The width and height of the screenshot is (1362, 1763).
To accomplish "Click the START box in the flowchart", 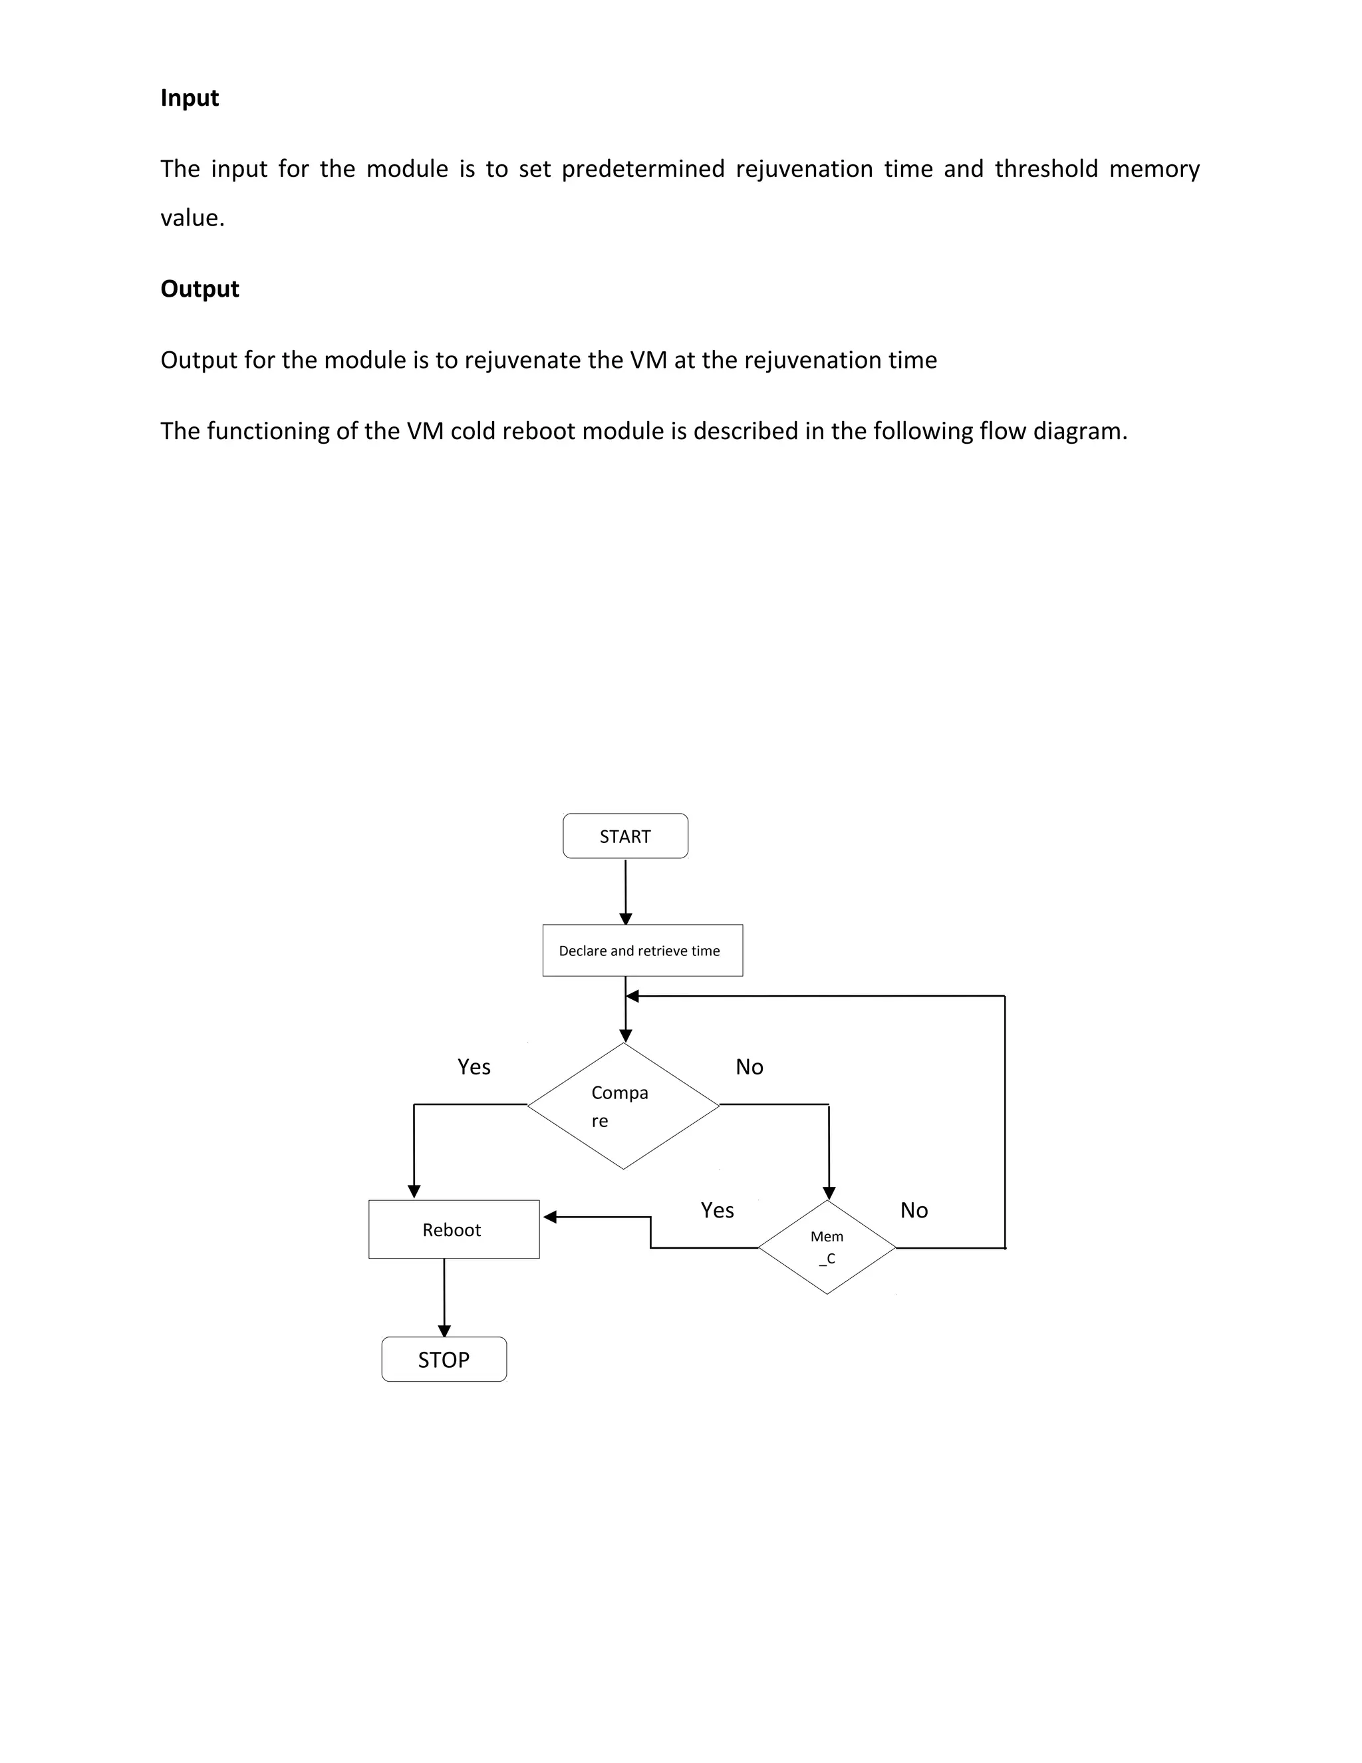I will tap(625, 836).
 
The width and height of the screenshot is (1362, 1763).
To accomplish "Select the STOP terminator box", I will tap(444, 1361).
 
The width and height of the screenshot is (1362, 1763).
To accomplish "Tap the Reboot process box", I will tap(454, 1229).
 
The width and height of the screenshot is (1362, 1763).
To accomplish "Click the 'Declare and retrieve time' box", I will tap(642, 951).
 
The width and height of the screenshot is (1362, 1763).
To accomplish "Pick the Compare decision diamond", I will tap(623, 1106).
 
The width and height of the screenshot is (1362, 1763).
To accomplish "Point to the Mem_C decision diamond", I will tap(827, 1247).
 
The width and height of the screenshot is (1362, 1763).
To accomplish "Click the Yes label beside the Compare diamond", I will tap(474, 1067).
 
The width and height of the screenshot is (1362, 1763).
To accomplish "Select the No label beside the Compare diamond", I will tap(749, 1067).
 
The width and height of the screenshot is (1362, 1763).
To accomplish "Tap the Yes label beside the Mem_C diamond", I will tap(718, 1210).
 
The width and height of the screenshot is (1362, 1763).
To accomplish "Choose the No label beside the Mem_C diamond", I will tap(914, 1210).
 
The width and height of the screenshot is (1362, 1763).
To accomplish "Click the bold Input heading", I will tap(190, 98).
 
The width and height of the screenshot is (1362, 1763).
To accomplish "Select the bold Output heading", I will tap(200, 289).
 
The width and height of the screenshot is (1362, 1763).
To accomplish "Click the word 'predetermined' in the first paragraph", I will tap(643, 169).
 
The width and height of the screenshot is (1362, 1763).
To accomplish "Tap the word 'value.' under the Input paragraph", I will tap(192, 218).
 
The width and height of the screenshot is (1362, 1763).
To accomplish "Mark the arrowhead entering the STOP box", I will tap(444, 1331).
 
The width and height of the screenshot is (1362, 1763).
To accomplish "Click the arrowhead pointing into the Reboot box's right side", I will tap(550, 1217).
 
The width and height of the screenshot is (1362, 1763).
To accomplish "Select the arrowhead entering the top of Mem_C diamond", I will tap(829, 1193).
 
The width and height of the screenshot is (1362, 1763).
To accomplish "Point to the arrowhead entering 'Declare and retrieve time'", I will tap(625, 919).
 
